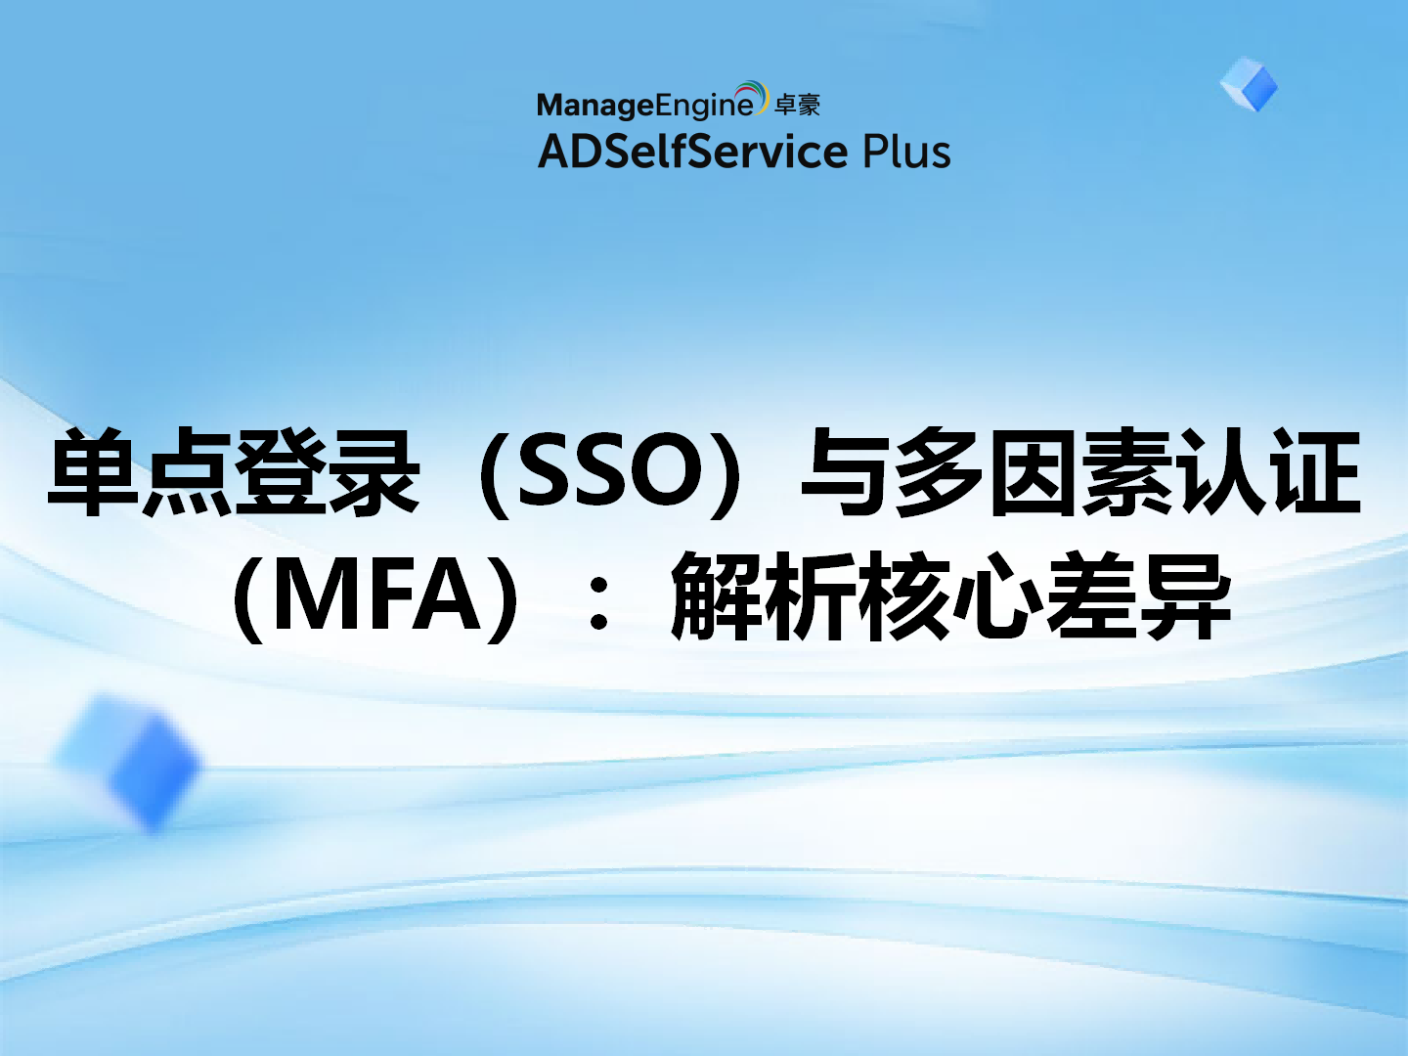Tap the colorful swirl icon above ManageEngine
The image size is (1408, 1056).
pyautogui.click(x=752, y=96)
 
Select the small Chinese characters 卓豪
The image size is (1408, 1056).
pyautogui.click(x=797, y=105)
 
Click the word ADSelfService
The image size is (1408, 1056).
pyautogui.click(x=692, y=153)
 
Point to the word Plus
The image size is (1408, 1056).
pyautogui.click(x=905, y=153)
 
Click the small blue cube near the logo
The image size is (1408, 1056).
pyautogui.click(x=1249, y=84)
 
